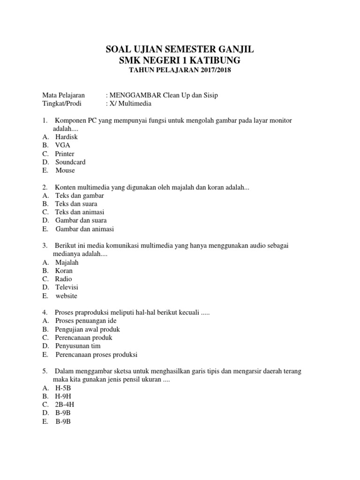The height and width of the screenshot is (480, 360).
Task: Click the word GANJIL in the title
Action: [x=233, y=50]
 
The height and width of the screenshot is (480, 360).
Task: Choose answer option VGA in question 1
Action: [x=62, y=145]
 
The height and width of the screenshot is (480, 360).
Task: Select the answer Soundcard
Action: [x=70, y=162]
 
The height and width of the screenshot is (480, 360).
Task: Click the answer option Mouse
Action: [x=65, y=171]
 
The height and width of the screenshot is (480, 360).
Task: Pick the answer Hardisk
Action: [x=67, y=137]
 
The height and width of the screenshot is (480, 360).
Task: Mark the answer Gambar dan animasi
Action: [x=84, y=229]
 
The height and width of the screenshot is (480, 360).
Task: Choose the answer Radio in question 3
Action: [x=64, y=279]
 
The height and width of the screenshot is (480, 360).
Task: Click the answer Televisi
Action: [x=67, y=287]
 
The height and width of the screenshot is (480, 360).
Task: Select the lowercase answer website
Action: [x=67, y=296]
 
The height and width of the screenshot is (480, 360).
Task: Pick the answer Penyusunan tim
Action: [x=78, y=346]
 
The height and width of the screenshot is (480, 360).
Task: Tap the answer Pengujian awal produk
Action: [x=87, y=329]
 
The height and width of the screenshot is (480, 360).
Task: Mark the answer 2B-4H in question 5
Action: [x=65, y=405]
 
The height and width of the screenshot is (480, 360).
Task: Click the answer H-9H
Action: [x=64, y=396]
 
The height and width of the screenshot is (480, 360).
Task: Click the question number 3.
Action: [x=45, y=245]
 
